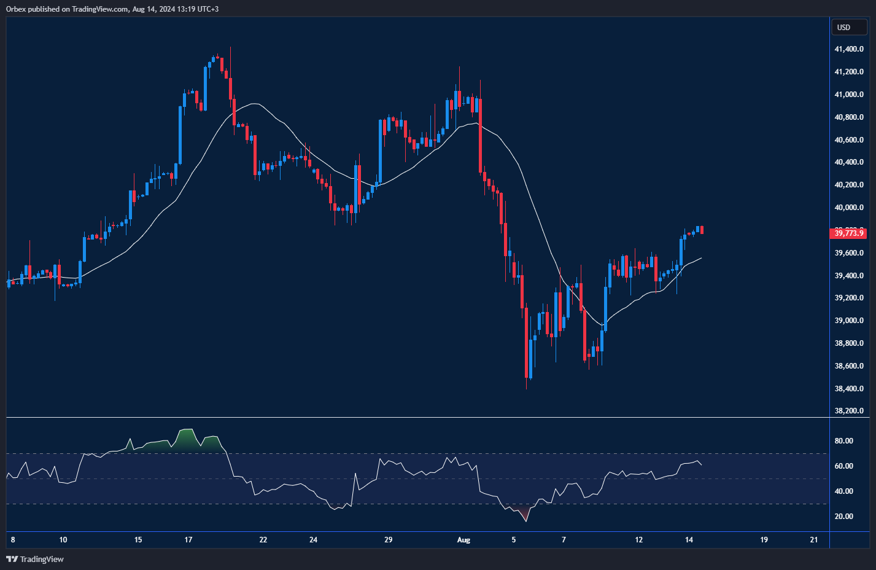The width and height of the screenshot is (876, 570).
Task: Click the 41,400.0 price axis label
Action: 848,49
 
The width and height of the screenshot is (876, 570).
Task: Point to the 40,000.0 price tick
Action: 848,208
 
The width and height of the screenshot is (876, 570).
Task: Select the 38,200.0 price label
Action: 848,411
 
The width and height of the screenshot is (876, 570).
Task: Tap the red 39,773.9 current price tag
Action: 848,233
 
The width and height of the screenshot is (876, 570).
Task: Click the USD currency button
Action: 844,27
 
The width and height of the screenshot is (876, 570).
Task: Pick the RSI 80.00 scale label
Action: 843,441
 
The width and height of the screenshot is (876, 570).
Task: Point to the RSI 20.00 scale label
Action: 843,517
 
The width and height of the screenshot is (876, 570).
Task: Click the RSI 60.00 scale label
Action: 843,466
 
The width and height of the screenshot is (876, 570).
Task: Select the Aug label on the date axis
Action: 463,540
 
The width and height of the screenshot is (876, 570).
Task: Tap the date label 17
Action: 188,540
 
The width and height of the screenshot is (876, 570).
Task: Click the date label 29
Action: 388,540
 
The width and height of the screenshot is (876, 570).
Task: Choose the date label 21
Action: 814,540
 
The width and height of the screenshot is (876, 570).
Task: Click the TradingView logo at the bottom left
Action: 35,559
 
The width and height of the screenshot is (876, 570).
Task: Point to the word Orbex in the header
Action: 16,9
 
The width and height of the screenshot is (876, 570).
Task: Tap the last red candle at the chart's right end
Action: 702,230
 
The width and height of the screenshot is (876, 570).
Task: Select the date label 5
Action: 514,540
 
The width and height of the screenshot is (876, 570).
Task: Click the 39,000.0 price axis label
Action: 848,321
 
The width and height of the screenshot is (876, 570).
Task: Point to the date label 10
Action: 63,540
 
